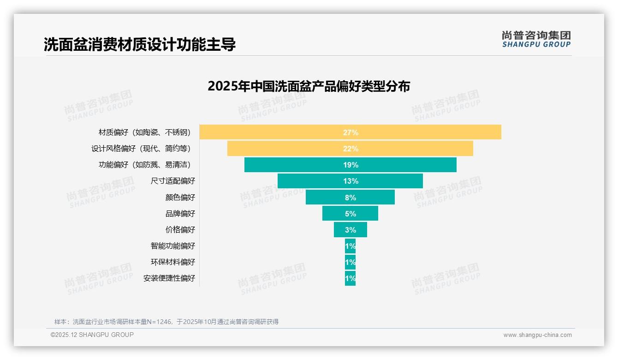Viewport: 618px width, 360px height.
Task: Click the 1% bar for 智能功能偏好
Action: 350,246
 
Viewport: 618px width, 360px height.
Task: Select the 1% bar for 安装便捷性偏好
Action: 350,278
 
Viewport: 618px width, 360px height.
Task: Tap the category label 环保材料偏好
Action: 173,262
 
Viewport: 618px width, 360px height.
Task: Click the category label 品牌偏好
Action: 180,214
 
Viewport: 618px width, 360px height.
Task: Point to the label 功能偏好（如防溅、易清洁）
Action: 144,165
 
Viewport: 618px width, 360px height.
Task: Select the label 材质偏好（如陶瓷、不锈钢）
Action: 144,132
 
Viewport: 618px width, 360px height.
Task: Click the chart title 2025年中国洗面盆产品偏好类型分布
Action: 309,86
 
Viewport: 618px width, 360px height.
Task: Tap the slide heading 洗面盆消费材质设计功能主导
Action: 140,45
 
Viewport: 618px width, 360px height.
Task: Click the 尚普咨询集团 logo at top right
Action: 536,39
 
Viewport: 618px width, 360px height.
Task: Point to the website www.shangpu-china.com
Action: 537,335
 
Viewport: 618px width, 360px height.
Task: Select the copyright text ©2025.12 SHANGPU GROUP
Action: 92,335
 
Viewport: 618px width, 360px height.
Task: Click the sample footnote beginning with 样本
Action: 166,322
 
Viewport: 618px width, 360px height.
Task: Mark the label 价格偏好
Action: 180,230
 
